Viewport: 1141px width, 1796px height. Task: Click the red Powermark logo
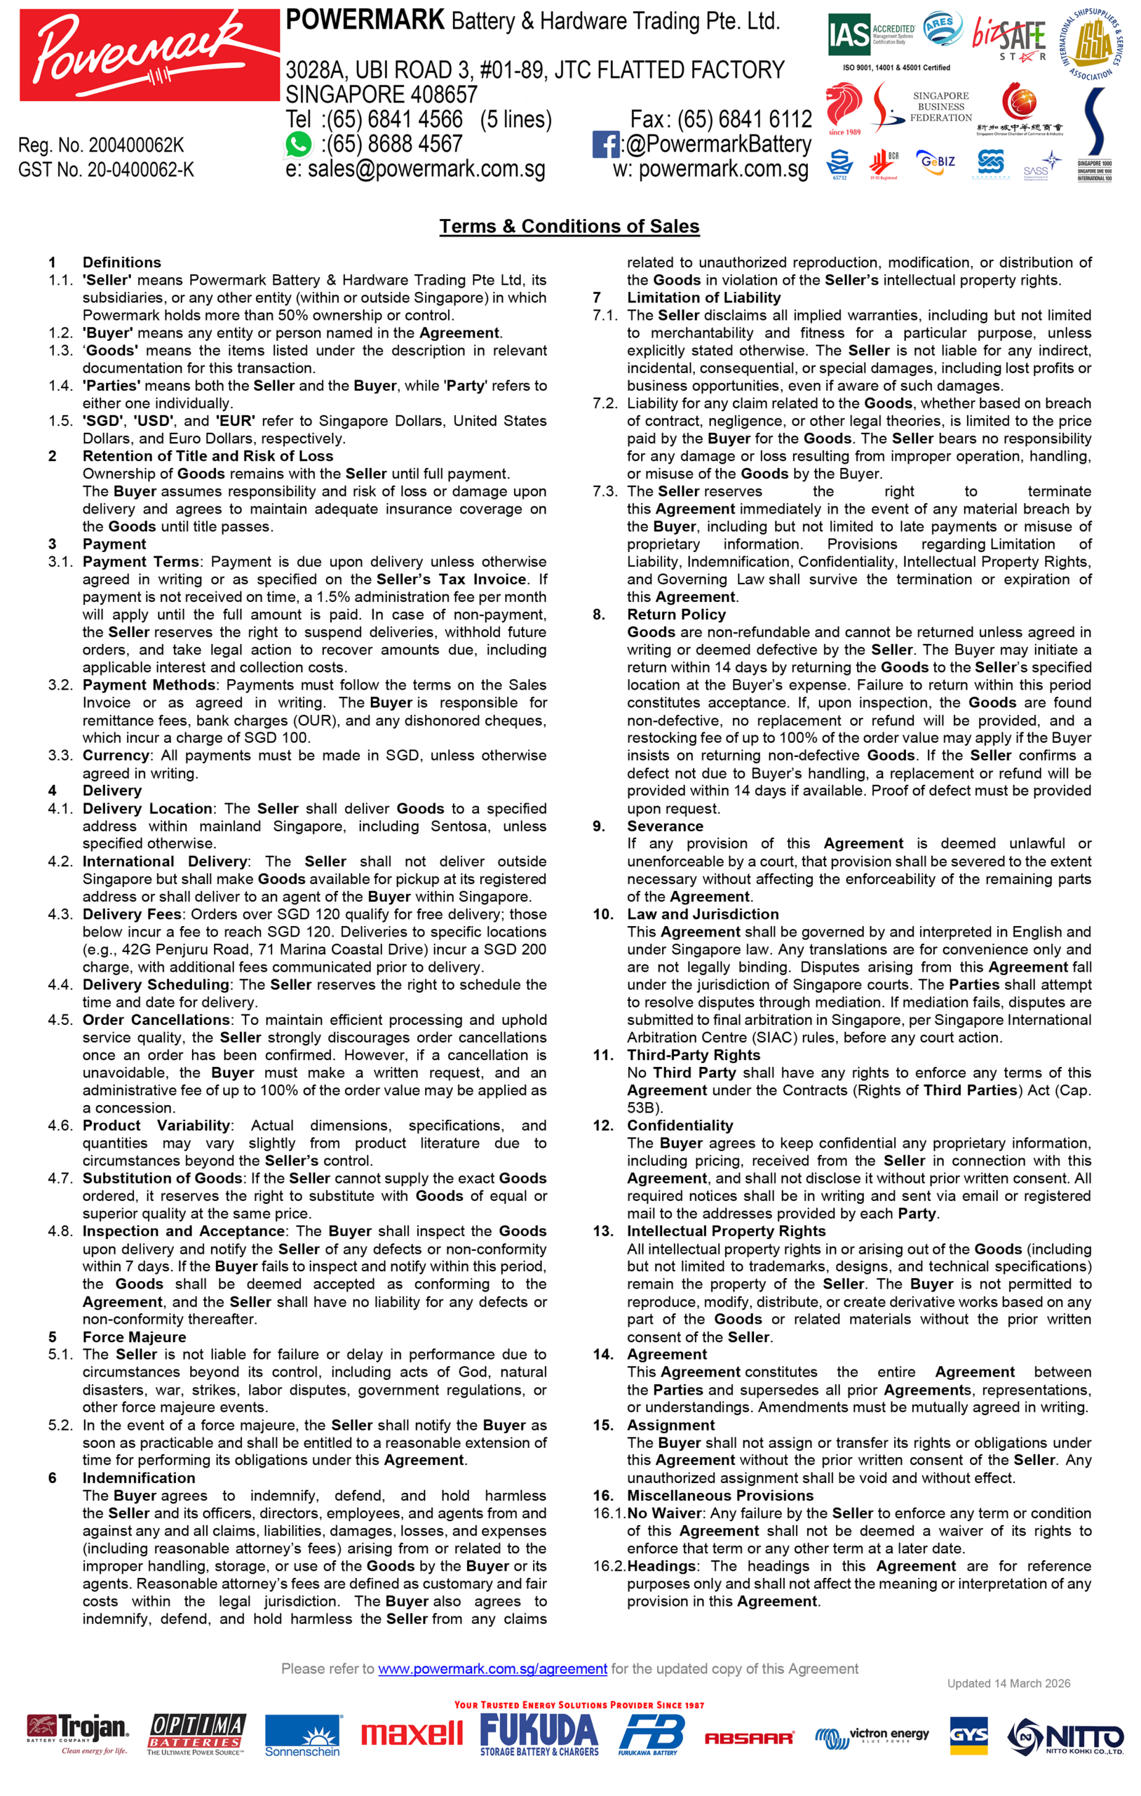point(149,55)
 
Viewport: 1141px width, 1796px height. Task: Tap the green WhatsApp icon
point(298,144)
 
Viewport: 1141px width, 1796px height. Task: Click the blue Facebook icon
point(605,144)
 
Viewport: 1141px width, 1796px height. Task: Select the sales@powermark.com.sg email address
point(426,169)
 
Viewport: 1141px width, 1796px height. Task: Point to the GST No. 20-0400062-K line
point(106,170)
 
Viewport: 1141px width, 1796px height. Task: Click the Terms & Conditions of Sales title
point(569,226)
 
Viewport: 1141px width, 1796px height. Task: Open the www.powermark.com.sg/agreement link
point(492,1668)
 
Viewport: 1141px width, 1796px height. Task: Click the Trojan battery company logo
point(78,1735)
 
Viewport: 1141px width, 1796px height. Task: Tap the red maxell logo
point(412,1734)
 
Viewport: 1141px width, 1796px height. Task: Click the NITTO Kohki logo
point(1065,1736)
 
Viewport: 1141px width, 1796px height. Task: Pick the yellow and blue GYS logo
point(968,1735)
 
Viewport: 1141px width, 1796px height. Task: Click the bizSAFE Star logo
point(1009,37)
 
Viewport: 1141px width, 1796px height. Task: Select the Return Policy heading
point(675,615)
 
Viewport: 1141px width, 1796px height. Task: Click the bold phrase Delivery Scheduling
point(156,984)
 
